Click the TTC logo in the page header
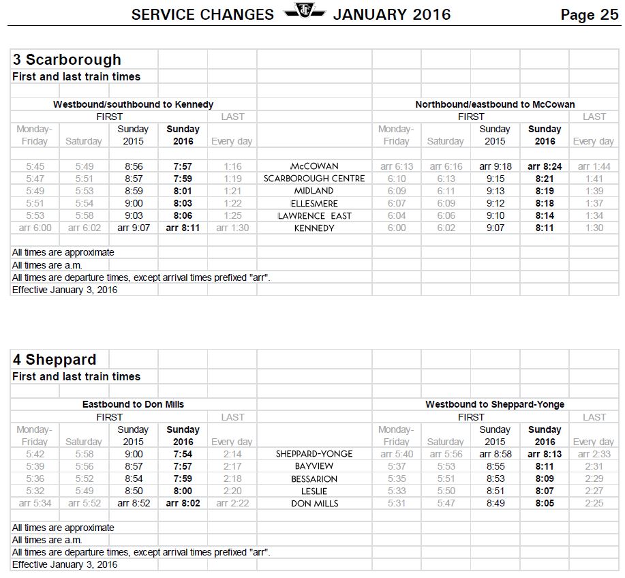(x=303, y=12)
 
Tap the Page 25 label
(x=589, y=15)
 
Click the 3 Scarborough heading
(x=67, y=60)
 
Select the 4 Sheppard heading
(x=55, y=359)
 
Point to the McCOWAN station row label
(x=314, y=166)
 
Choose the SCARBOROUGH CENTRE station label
(x=314, y=179)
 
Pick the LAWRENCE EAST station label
(x=314, y=216)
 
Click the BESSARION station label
(x=314, y=479)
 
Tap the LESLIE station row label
(x=314, y=491)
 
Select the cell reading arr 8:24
(x=545, y=166)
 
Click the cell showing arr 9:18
(x=495, y=166)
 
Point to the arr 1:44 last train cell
(x=594, y=166)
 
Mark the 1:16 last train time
(x=232, y=166)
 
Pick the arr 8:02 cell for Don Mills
(x=183, y=504)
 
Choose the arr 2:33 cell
(x=594, y=454)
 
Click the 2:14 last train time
(x=232, y=454)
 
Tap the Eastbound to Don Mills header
(x=133, y=404)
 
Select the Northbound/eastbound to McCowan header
(x=495, y=104)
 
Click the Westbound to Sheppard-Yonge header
(x=495, y=404)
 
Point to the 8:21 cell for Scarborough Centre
(x=545, y=179)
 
